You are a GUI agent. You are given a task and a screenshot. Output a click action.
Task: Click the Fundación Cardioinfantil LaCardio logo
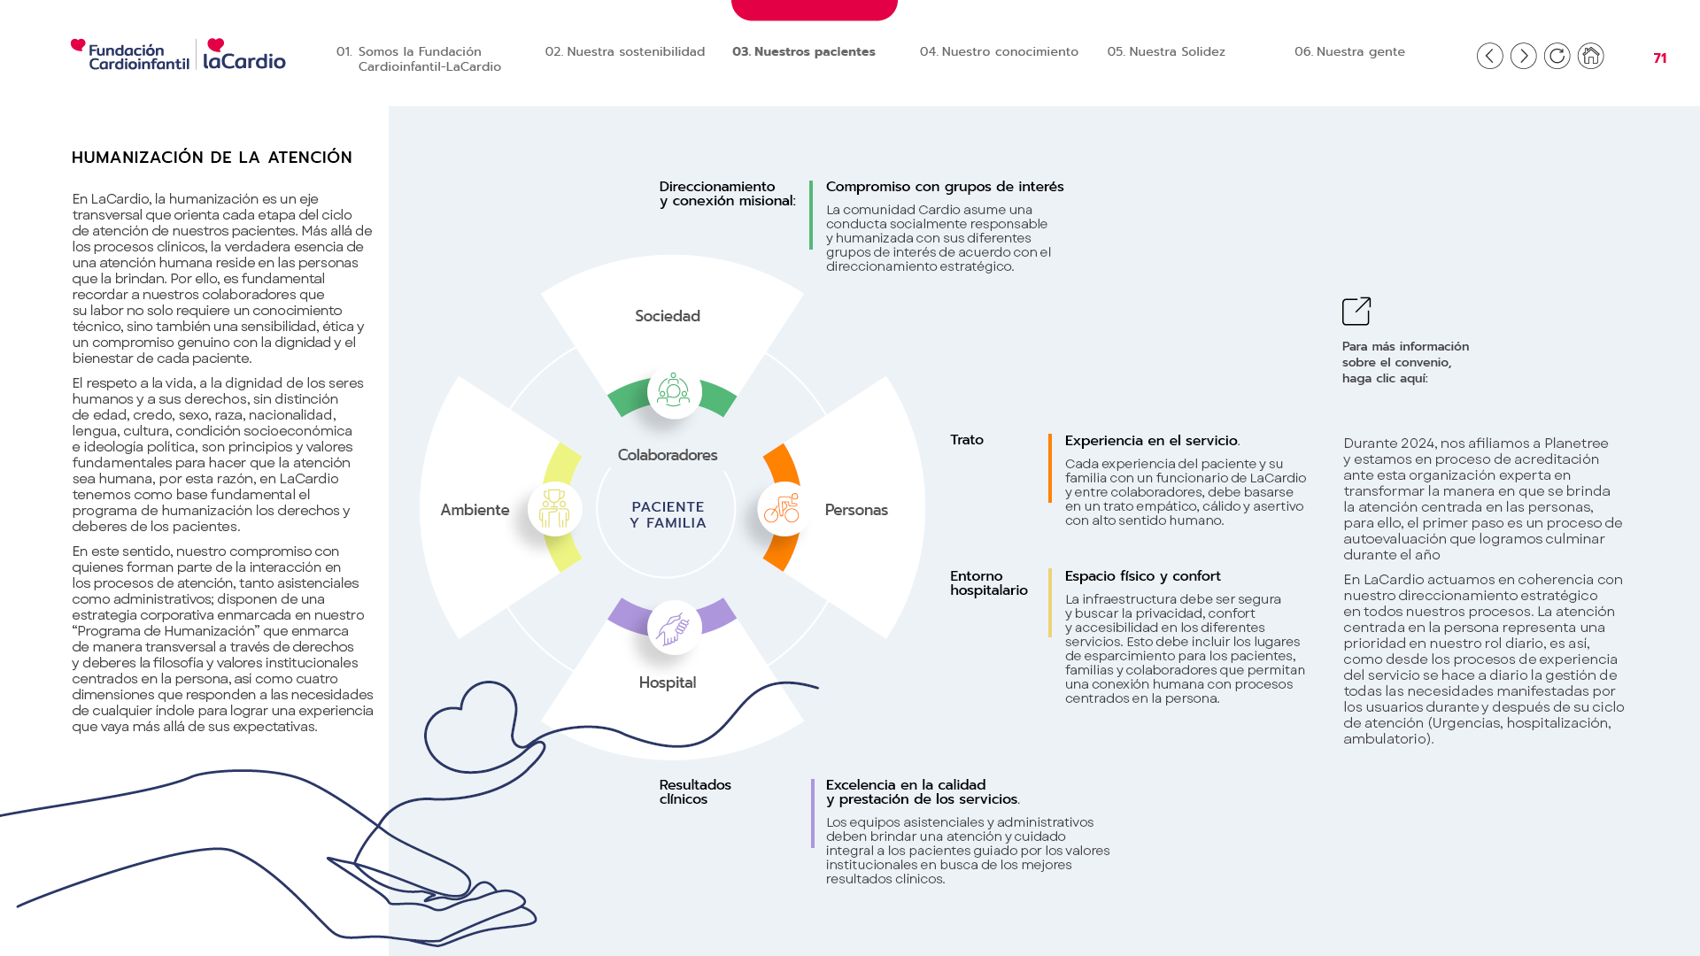click(x=178, y=54)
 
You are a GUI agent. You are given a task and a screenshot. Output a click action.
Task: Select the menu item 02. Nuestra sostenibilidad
click(x=625, y=51)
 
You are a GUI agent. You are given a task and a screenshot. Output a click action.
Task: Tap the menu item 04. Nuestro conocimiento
click(x=999, y=51)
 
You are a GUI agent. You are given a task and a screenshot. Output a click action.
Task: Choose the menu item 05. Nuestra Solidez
click(x=1166, y=51)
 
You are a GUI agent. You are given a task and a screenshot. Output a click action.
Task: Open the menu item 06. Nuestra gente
click(x=1349, y=51)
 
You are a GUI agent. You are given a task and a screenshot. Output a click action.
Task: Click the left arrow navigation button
click(x=1490, y=56)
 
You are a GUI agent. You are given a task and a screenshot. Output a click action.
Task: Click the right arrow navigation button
click(x=1524, y=56)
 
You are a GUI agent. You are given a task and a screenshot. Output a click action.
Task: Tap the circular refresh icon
click(x=1557, y=56)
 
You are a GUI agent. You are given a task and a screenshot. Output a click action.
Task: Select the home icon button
click(x=1591, y=56)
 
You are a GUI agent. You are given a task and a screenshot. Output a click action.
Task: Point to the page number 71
click(x=1660, y=58)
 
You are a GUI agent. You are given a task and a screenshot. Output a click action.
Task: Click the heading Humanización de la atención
click(x=212, y=158)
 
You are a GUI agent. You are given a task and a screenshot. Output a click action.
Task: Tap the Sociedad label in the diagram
click(x=668, y=316)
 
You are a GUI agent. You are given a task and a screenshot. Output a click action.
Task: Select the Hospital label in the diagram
click(x=668, y=682)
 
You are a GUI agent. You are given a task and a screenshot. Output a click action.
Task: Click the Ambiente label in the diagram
click(x=475, y=510)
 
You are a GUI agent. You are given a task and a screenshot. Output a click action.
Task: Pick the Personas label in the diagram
click(x=856, y=510)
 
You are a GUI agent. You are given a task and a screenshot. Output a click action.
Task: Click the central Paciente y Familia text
click(x=668, y=515)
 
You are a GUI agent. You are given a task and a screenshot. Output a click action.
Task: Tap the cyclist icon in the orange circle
click(x=782, y=509)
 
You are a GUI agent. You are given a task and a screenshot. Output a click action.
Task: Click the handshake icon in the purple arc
click(x=674, y=628)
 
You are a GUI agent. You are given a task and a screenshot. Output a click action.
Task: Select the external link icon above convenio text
click(x=1356, y=311)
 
